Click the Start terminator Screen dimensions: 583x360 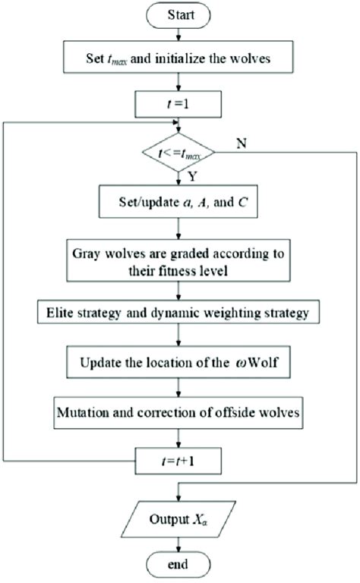(178, 14)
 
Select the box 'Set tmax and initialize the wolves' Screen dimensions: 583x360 (178, 55)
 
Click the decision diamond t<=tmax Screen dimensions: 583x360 (179, 154)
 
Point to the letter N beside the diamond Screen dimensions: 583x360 (240, 143)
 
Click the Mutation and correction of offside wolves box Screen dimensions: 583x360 (178, 414)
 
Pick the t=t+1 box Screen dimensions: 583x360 (178, 459)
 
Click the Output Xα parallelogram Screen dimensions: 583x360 (178, 518)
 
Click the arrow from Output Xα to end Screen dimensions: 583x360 (178, 544)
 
